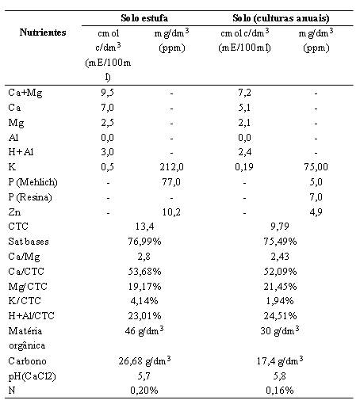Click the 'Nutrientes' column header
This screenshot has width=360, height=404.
[43, 32]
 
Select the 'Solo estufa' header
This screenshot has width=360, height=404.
[144, 18]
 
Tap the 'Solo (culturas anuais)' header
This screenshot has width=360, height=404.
[281, 18]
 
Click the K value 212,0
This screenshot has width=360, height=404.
[171, 167]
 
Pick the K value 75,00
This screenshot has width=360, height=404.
[316, 167]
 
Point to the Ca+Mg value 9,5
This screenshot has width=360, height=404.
[107, 93]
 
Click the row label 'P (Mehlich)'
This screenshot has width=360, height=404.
[33, 182]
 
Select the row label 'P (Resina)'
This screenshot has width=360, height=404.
[30, 197]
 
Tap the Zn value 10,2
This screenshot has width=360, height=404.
[171, 212]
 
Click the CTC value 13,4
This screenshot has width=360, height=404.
[144, 227]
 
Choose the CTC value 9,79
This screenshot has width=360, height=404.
[280, 227]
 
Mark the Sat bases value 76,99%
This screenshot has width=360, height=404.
[144, 242]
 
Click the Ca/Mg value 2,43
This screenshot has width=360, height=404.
[280, 257]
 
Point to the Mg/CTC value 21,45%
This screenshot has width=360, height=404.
[280, 287]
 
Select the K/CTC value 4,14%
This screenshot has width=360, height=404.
[144, 301]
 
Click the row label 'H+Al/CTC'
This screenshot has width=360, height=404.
[31, 316]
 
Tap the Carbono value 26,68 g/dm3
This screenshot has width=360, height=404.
[144, 360]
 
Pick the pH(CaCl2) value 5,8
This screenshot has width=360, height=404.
[280, 375]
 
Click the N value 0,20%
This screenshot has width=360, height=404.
[144, 390]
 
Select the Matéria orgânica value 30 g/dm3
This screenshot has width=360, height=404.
[280, 330]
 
